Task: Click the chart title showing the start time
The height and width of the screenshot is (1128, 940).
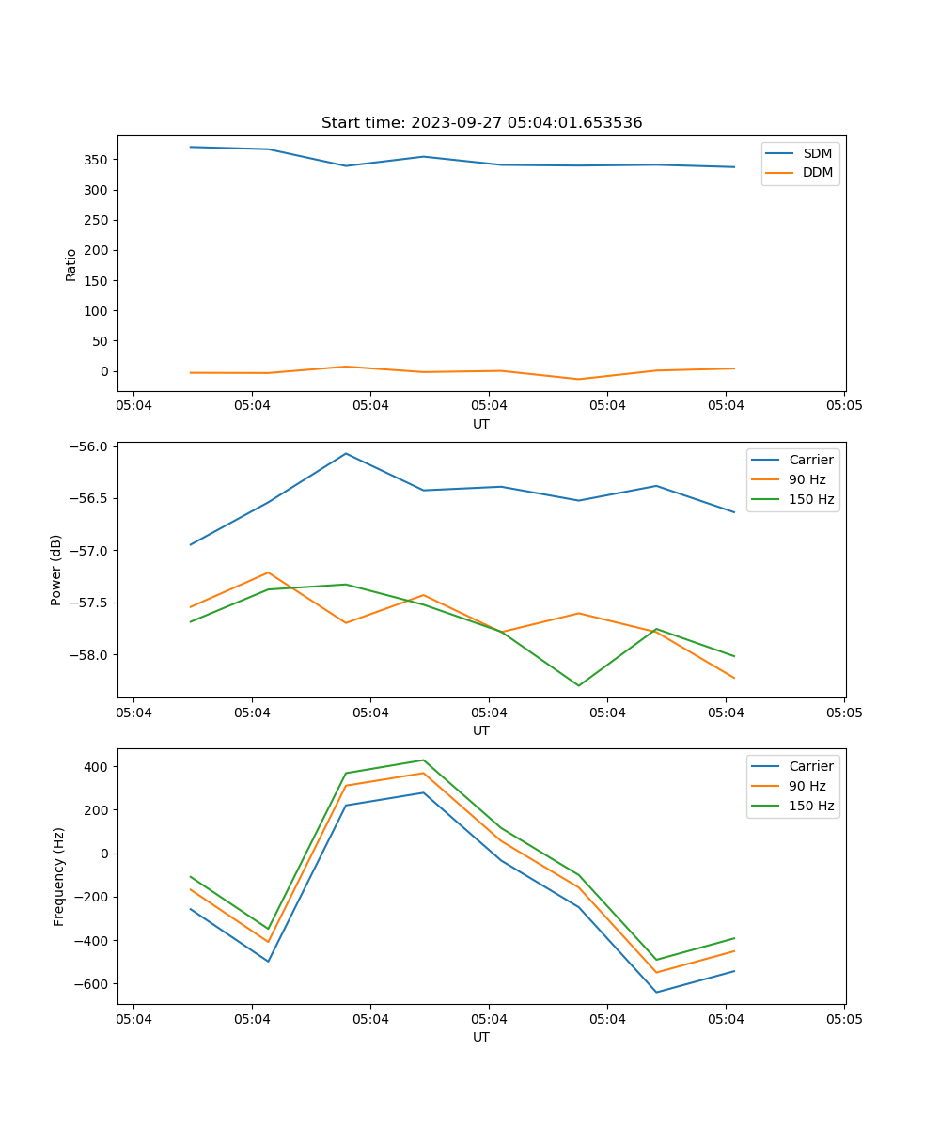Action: point(481,123)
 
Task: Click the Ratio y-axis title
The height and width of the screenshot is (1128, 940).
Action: point(71,264)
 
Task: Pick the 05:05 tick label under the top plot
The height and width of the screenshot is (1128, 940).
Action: point(843,406)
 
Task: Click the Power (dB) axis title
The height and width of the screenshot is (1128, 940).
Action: point(57,570)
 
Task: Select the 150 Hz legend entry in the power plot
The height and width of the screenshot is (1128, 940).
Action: point(811,499)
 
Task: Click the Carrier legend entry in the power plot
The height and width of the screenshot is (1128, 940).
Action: point(811,460)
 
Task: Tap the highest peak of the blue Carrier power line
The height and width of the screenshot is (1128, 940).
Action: point(346,453)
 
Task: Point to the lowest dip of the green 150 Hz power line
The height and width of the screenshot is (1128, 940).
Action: point(579,685)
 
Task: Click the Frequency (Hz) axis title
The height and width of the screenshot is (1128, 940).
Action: point(59,876)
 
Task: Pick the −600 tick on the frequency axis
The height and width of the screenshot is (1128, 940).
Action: point(93,984)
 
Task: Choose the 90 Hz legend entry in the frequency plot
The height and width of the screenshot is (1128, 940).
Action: point(807,786)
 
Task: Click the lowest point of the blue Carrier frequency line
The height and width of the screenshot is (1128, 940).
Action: point(656,992)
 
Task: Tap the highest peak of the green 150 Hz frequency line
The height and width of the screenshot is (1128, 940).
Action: point(423,760)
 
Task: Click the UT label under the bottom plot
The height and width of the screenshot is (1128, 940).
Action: point(481,1037)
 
